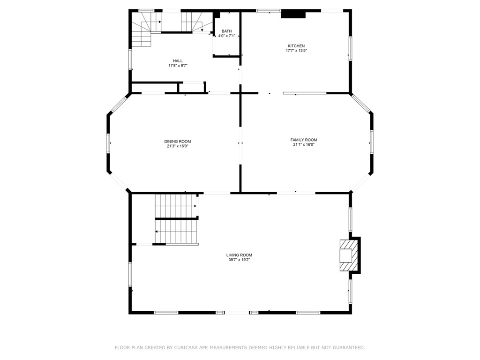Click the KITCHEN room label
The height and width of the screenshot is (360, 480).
296,46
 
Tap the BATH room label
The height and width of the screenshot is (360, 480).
226,31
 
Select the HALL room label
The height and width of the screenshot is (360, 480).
178,61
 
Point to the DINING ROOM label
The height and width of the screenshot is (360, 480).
178,142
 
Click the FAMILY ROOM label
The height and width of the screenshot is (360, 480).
304,140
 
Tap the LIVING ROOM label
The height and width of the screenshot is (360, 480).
239,255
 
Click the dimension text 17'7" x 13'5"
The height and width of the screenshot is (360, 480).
296,51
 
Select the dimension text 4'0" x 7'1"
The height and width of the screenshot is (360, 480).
226,36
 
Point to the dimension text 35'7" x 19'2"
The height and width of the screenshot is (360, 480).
239,260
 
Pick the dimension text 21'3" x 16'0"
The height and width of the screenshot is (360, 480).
178,146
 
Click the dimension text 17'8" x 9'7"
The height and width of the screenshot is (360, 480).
178,66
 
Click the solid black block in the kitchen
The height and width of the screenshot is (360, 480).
293,15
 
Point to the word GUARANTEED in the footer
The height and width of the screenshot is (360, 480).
348,347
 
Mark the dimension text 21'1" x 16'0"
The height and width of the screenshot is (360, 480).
304,144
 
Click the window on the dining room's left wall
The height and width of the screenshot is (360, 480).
108,143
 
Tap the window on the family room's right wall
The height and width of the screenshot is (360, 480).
372,142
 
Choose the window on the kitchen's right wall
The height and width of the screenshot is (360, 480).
350,49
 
